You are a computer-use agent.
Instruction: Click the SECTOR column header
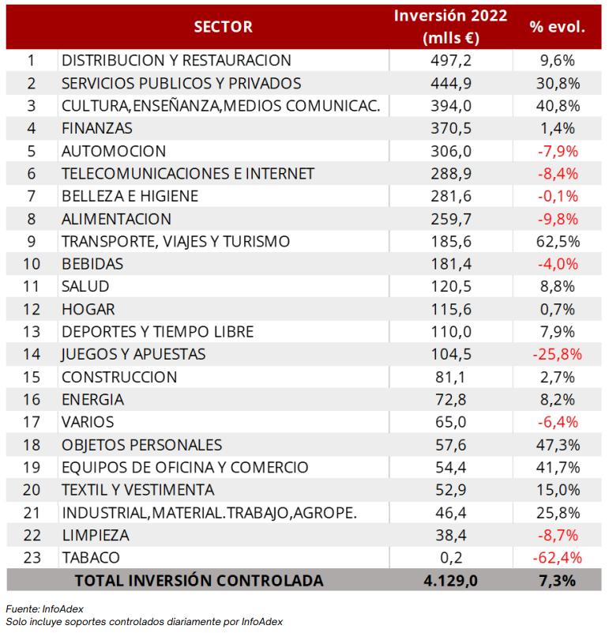tap(223, 27)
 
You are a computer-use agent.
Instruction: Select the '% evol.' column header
tap(558, 27)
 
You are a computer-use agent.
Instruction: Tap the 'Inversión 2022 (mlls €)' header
tap(451, 27)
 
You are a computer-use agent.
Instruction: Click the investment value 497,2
tap(451, 61)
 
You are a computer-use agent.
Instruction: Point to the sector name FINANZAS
tap(97, 128)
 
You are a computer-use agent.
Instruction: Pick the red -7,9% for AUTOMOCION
tap(558, 152)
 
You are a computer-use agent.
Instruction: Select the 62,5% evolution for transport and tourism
tap(558, 241)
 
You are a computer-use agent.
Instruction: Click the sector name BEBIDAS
tap(92, 264)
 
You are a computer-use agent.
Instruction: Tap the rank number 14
tap(32, 354)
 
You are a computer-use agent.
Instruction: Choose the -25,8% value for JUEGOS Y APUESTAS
tap(558, 355)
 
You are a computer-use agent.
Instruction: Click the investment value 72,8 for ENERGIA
tap(451, 400)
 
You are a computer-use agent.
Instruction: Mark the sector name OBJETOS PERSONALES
tap(141, 445)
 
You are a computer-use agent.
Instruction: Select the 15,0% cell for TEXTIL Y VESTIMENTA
tap(558, 490)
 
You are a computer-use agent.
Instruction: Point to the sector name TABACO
tap(91, 558)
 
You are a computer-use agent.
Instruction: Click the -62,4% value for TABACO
tap(558, 558)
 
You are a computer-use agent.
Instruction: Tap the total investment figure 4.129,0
tap(451, 581)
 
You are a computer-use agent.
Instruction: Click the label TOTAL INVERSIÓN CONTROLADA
tap(199, 581)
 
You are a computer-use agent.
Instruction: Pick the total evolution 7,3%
tap(558, 581)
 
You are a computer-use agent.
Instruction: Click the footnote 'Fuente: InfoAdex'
tap(45, 609)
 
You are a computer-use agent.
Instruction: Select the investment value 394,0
tap(451, 106)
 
